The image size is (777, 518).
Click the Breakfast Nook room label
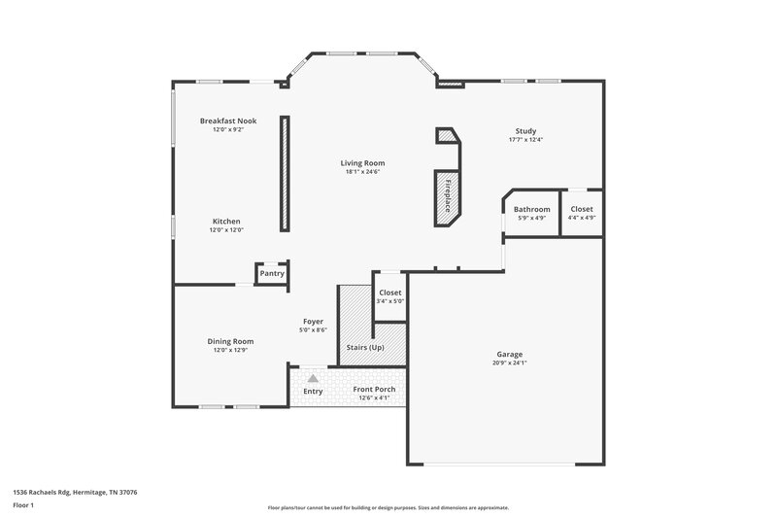click(227, 121)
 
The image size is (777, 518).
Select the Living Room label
click(361, 162)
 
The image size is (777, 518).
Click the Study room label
click(525, 131)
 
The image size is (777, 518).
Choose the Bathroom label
click(531, 209)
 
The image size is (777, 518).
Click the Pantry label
click(272, 273)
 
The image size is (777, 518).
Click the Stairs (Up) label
click(364, 347)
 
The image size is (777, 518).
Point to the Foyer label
click(313, 321)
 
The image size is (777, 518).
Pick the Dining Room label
click(230, 341)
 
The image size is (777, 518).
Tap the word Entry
click(313, 392)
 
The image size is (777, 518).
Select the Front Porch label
click(374, 389)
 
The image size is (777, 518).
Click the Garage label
click(510, 355)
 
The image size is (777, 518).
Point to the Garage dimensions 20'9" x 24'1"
click(510, 363)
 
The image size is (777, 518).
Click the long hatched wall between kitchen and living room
click(285, 173)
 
